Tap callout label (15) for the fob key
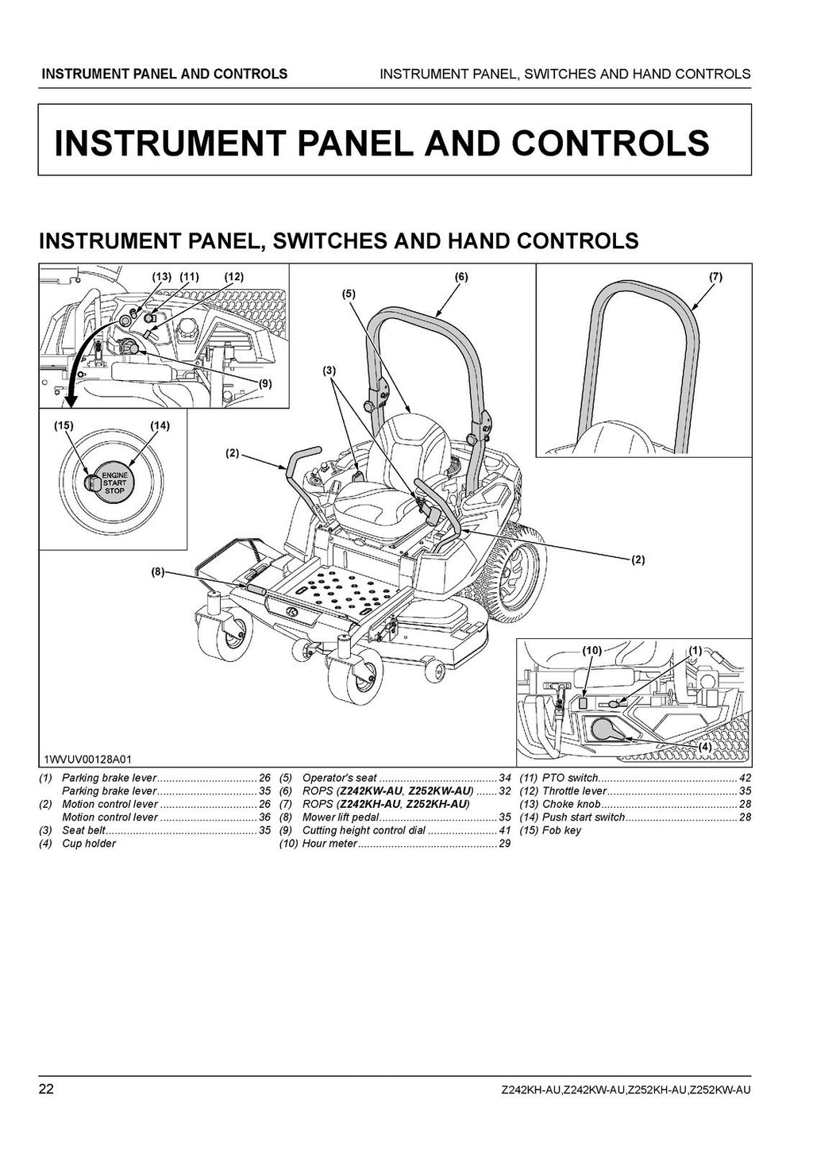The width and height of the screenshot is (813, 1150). (64, 425)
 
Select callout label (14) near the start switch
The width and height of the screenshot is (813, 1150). (160, 425)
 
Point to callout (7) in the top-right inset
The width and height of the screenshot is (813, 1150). (715, 277)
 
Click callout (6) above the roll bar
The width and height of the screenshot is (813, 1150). (461, 277)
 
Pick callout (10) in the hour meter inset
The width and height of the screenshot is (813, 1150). (591, 650)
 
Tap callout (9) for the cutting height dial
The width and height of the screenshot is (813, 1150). (265, 383)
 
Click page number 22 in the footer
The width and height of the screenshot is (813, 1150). (46, 1088)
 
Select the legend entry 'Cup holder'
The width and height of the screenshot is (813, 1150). (89, 844)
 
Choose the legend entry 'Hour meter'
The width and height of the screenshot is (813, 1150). (329, 844)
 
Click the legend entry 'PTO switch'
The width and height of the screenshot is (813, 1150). (569, 778)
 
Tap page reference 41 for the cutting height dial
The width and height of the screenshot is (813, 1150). (505, 830)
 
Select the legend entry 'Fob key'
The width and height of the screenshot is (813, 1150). (561, 830)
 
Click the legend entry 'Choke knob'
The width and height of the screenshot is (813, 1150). (571, 804)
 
